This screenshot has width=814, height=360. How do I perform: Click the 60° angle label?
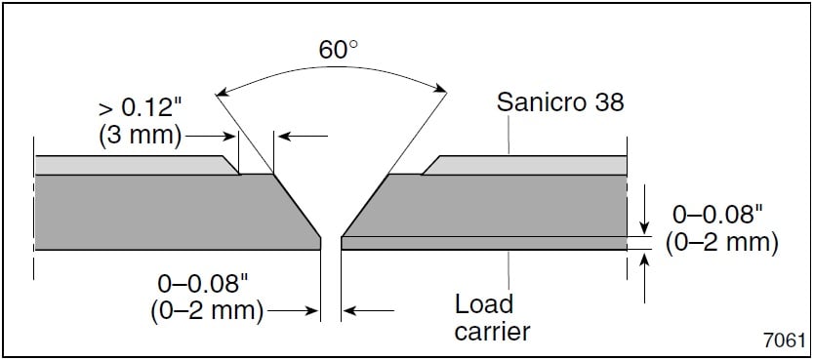click(338, 50)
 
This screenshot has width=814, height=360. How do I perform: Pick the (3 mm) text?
click(140, 135)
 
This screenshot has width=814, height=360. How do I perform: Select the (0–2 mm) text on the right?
click(721, 242)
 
